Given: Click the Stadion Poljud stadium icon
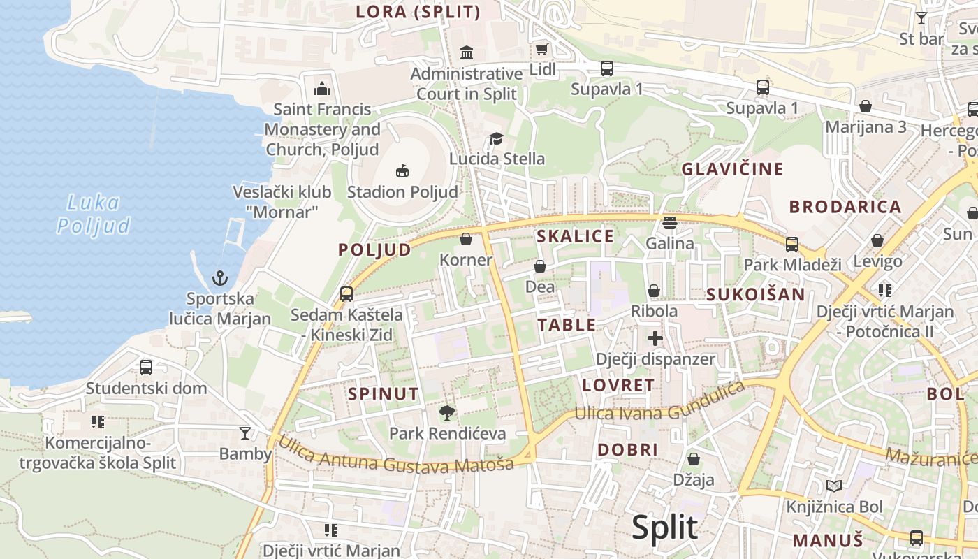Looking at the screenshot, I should click(402, 170).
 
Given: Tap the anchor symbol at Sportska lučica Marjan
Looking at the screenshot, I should click(220, 278).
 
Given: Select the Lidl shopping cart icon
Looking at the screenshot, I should click(541, 49).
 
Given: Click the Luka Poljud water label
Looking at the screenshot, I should click(94, 214).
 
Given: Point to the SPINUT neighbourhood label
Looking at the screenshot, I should click(384, 393).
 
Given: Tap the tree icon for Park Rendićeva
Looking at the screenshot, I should click(447, 413).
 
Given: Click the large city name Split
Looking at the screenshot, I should click(664, 528).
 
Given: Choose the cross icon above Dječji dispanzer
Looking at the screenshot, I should click(655, 339).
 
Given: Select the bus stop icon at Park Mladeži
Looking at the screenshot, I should click(792, 245).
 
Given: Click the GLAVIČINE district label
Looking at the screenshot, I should click(733, 168).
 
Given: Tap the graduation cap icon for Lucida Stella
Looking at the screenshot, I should click(496, 138).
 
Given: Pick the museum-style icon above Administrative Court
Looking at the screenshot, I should click(466, 52).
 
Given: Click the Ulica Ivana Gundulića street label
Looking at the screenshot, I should click(659, 403).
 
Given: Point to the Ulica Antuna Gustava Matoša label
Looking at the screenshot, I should click(396, 454).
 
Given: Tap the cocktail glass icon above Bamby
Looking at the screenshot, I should click(245, 433).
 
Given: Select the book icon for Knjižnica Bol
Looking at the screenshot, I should click(833, 486).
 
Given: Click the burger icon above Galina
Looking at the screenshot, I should click(670, 223).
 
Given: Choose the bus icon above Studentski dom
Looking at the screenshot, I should click(146, 368).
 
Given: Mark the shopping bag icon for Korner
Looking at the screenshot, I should click(466, 240).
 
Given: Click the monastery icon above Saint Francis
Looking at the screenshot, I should click(322, 88).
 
